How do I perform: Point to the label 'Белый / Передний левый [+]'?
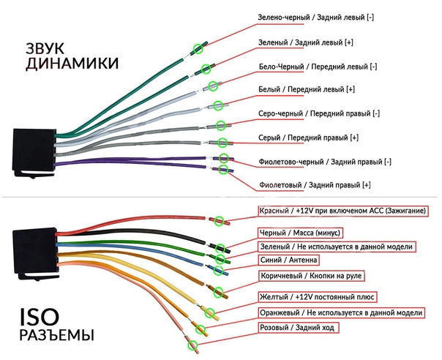click(x=307, y=90)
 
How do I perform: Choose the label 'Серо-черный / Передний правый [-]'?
click(x=321, y=114)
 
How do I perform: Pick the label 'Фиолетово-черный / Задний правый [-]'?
click(x=326, y=162)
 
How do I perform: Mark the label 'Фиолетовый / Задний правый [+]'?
click(x=315, y=185)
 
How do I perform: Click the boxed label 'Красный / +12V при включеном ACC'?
click(x=342, y=211)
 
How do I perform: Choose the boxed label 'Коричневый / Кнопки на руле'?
click(x=311, y=276)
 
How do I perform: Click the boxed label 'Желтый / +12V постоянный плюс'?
click(x=316, y=296)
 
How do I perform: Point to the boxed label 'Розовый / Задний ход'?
click(x=296, y=328)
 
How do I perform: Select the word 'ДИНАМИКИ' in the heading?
click(x=72, y=64)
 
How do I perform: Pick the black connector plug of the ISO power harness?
click(x=34, y=253)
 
